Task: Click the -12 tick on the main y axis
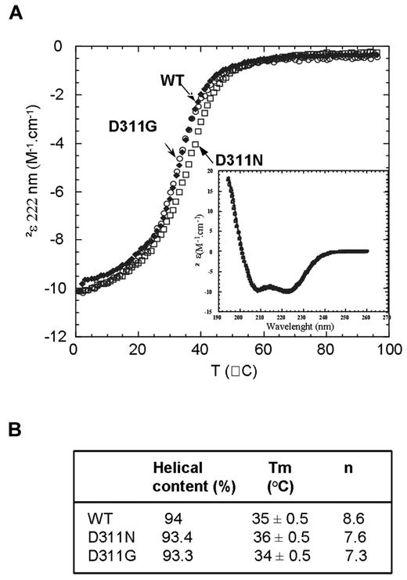(x=59, y=338)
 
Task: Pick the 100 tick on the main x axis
(x=390, y=352)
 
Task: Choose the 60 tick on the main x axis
(x=264, y=352)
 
